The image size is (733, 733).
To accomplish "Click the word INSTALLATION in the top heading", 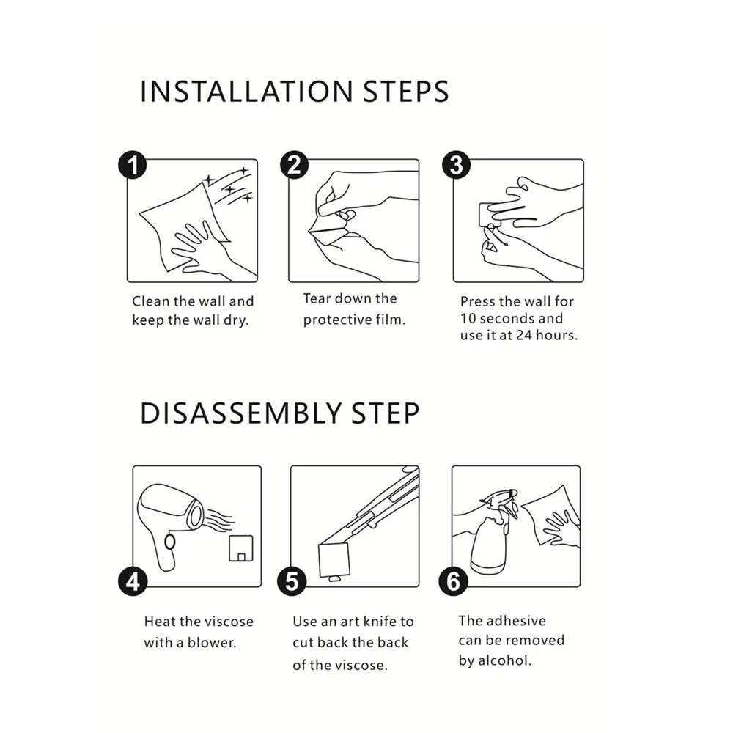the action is [x=246, y=92].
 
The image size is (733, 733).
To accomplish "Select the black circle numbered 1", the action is [x=132, y=165].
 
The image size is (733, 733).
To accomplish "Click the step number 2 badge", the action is [x=294, y=165].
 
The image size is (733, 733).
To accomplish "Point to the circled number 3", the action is [x=456, y=165].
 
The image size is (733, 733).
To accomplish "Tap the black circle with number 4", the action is [x=133, y=582].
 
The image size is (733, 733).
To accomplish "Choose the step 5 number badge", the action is [x=292, y=582].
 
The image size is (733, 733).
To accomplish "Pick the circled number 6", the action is [x=453, y=582].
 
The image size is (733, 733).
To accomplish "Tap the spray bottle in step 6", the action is [x=491, y=533].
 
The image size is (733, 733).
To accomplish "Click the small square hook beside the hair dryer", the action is [x=240, y=548].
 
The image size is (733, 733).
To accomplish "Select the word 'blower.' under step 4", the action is [x=212, y=643].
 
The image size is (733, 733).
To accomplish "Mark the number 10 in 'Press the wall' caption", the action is [x=468, y=318].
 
